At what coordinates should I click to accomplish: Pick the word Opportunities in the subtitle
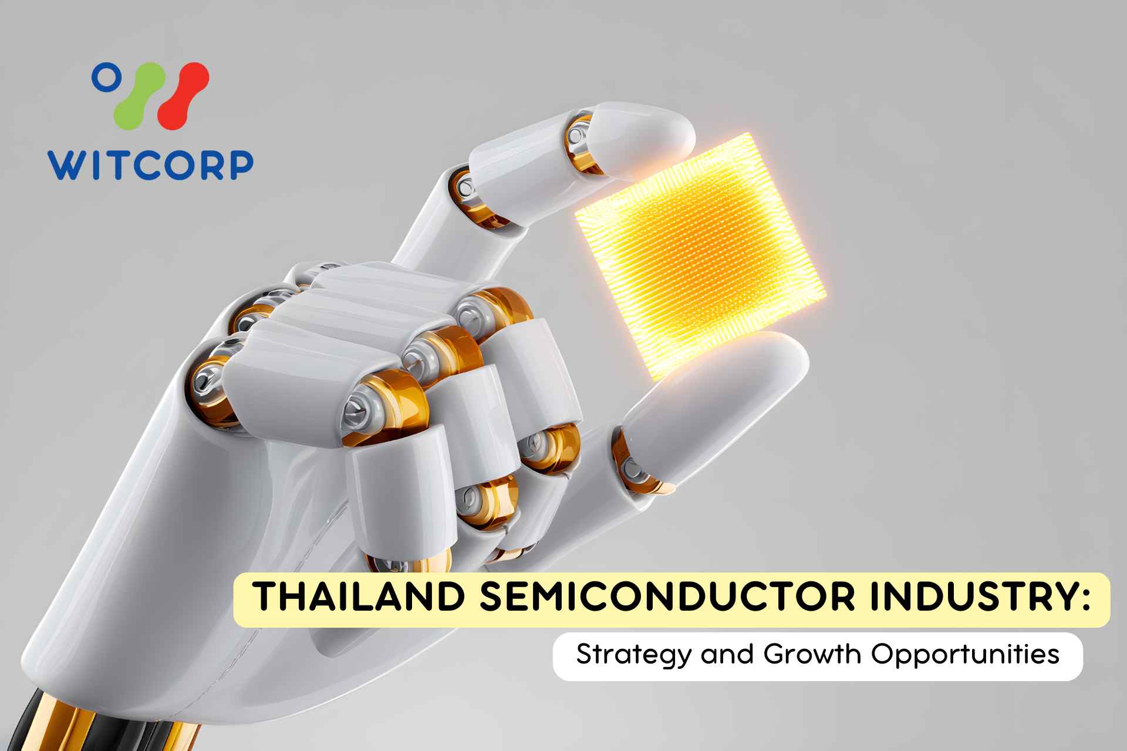pos(965,655)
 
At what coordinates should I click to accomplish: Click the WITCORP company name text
pos(150,165)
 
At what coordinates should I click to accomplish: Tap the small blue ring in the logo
pos(106,78)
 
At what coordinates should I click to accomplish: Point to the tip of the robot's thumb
pos(781,358)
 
